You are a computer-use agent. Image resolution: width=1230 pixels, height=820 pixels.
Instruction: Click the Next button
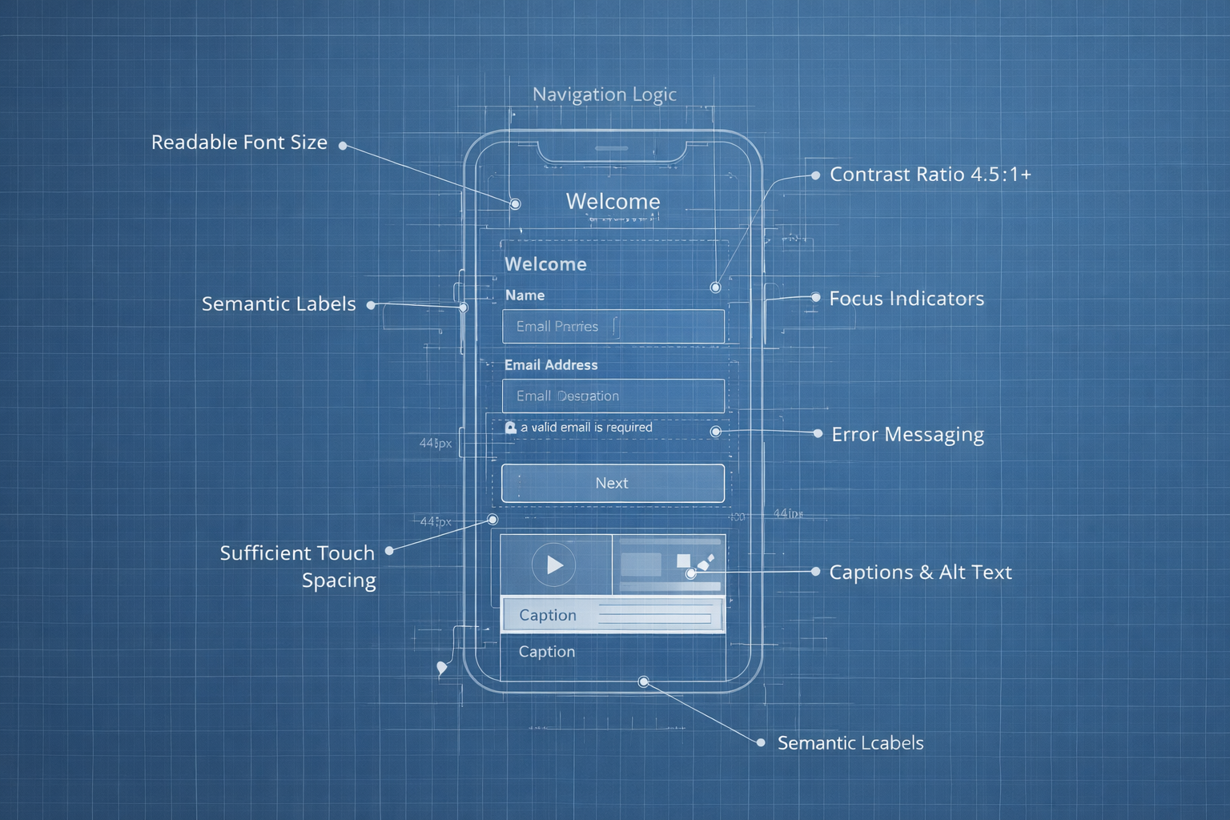613,483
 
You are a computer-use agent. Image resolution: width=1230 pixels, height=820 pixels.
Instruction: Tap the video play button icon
553,565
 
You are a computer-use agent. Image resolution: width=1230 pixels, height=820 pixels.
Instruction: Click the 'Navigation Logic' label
605,94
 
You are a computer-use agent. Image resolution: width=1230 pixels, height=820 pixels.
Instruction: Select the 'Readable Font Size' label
239,143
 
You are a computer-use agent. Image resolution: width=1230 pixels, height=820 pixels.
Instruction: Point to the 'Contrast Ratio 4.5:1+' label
930,175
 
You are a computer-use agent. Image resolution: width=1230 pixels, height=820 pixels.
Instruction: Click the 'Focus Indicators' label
906,299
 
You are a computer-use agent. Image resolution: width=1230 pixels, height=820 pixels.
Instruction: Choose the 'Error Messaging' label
907,435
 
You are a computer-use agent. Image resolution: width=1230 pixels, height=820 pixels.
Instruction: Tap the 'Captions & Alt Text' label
920,573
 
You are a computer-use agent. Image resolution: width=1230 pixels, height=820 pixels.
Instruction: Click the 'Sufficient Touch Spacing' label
298,566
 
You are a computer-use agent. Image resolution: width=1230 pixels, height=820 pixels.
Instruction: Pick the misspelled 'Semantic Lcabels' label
850,743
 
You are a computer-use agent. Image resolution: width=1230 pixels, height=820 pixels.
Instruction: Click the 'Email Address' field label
551,365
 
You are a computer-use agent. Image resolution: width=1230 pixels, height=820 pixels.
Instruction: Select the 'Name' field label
525,295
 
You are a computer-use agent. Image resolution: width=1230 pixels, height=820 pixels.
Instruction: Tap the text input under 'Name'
613,327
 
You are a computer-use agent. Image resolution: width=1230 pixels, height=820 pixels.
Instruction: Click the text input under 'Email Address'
613,396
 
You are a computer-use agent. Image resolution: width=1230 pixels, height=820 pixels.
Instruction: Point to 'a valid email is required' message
586,428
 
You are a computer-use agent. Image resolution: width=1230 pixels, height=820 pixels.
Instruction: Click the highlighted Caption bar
613,615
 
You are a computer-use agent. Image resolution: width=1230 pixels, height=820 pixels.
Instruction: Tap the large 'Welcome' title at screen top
613,202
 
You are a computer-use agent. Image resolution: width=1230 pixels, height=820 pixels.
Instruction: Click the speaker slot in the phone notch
612,148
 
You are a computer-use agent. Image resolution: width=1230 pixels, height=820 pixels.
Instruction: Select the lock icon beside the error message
510,428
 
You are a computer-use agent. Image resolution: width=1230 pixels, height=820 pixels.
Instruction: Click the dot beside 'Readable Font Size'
343,146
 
